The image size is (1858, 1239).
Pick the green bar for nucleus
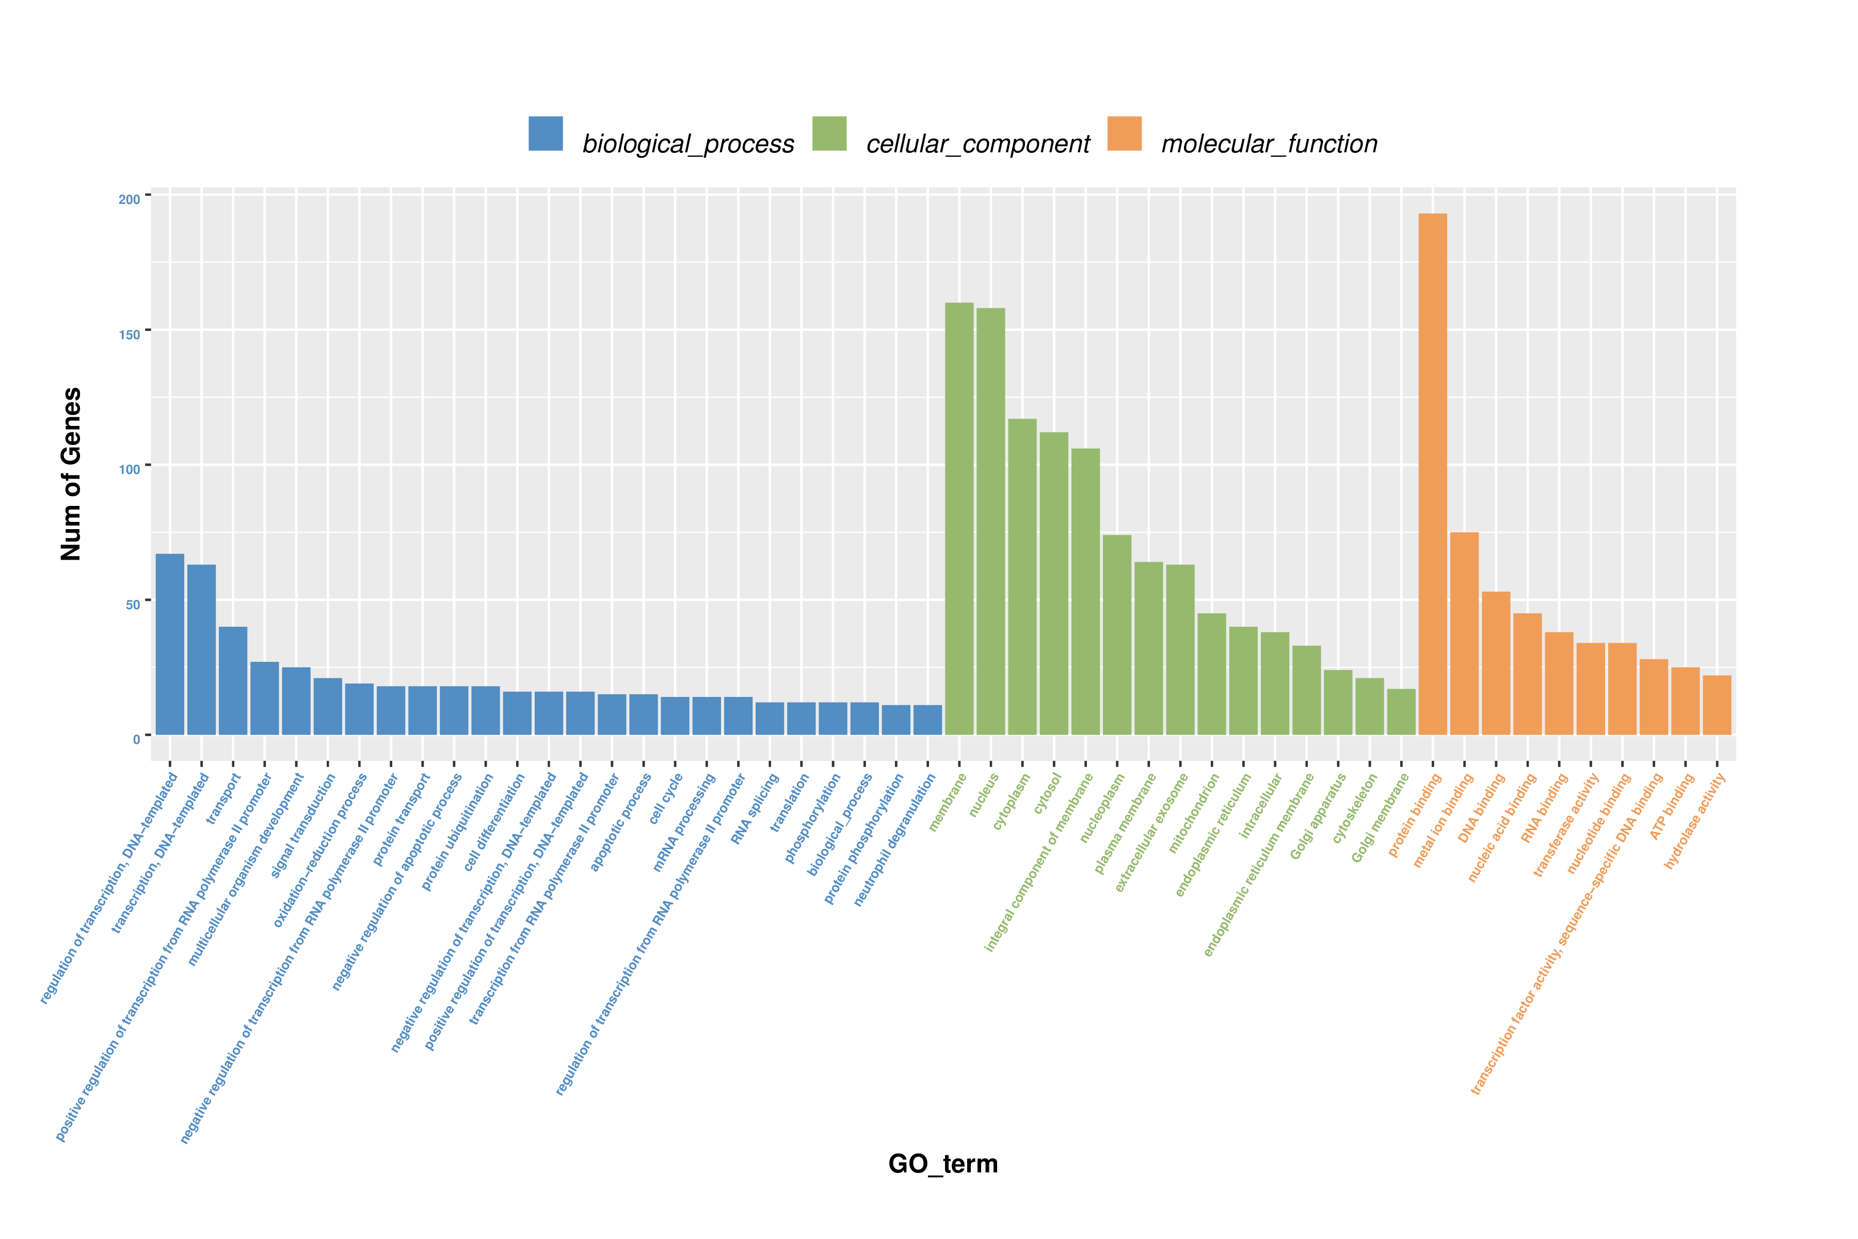pos(990,521)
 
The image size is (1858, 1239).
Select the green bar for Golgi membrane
pos(1401,711)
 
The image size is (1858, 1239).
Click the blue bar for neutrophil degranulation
pos(927,719)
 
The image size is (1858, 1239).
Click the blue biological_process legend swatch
pos(546,134)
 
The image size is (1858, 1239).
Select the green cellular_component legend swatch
pos(829,134)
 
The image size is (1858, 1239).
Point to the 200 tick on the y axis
pos(130,199)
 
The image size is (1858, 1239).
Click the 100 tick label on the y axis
pos(130,469)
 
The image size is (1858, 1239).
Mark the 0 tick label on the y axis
pos(137,739)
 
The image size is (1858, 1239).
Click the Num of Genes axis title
pos(71,474)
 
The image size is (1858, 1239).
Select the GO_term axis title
pos(943,1164)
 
